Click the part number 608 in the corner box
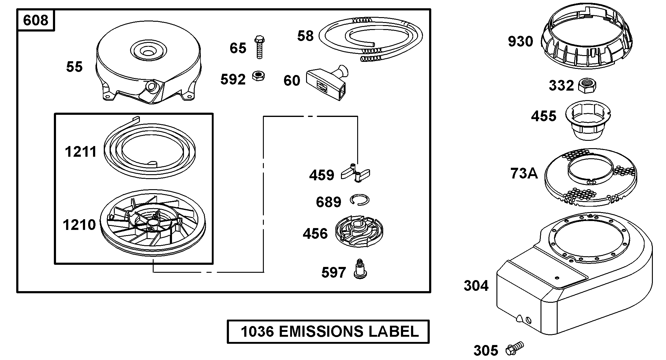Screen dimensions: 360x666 (36, 21)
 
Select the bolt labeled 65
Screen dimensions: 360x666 (259, 47)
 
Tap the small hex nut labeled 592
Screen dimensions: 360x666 (259, 76)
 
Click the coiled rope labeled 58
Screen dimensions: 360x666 (370, 38)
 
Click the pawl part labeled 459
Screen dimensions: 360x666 (355, 174)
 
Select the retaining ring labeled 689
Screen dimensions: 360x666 (360, 200)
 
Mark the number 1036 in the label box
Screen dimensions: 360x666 (257, 332)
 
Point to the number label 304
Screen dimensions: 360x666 (476, 286)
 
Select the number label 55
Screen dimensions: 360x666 (74, 67)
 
